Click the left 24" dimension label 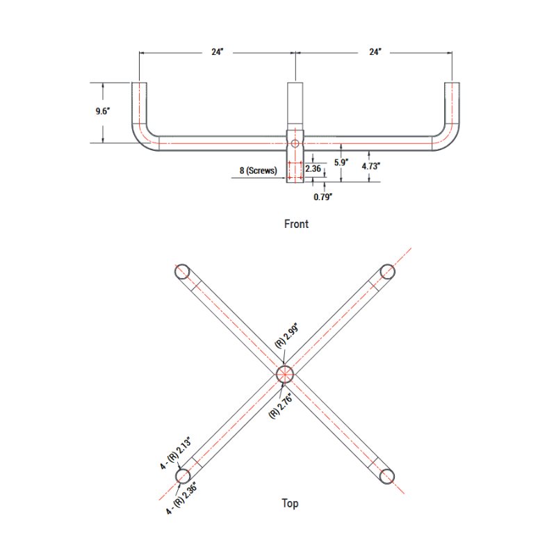218,53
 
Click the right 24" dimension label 375,53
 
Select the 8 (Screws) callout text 258,170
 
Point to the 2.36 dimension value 313,168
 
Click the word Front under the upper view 296,224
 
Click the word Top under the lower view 290,503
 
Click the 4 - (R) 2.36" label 182,498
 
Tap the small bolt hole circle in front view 295,143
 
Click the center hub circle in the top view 286,375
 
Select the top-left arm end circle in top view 183,271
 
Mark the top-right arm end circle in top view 388,271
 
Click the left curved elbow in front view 142,135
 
